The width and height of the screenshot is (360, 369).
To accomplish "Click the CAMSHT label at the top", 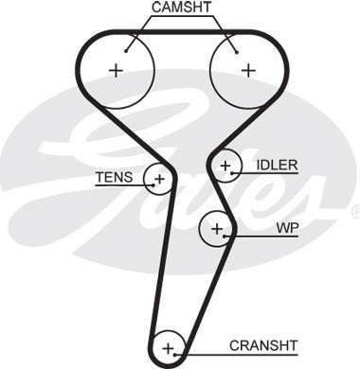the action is point(181,8).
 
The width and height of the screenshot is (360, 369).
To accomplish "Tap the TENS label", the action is point(115,177).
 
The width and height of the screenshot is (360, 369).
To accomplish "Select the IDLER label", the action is point(277,165).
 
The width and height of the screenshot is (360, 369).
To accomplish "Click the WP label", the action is point(287,228).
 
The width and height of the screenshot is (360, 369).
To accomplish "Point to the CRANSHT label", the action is point(263,345).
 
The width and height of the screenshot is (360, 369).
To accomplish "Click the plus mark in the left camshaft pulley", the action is point(116,70).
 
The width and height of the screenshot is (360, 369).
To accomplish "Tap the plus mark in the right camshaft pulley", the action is point(248,70).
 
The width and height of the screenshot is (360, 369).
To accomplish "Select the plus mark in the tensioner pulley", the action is point(160,179).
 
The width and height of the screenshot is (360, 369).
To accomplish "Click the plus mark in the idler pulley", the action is point(225,166).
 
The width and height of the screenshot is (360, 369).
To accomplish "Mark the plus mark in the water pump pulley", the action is point(217,228).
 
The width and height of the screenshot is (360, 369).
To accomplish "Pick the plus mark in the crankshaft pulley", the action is point(169,349).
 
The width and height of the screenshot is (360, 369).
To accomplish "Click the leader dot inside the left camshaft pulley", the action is point(126,51).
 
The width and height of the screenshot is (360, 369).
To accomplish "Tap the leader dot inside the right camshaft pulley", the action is point(237,52).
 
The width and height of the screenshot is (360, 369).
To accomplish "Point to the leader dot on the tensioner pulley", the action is point(153,185).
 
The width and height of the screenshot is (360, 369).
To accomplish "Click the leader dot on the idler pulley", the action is point(232,173).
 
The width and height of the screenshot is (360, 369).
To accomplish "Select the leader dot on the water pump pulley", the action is point(224,236).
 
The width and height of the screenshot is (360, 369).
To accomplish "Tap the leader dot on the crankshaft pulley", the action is point(174,355).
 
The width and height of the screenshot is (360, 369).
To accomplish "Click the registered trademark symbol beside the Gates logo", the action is point(356,209).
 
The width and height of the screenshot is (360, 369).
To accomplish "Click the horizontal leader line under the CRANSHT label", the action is point(236,355).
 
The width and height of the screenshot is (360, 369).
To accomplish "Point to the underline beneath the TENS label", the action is point(124,185).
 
